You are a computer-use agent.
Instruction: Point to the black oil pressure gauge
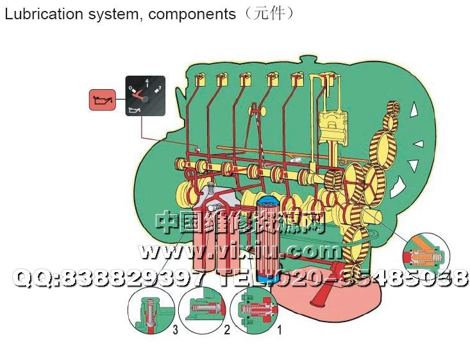[x=145, y=96]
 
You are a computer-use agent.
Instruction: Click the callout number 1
[x=278, y=330]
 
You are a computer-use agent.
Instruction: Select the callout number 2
[x=226, y=330]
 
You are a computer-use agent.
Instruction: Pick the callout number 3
[x=175, y=330]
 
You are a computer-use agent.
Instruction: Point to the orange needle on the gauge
[x=136, y=94]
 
